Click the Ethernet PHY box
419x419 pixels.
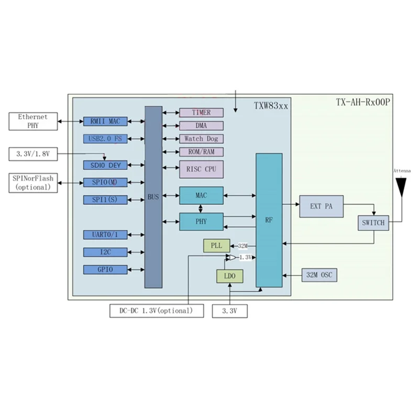click(32, 121)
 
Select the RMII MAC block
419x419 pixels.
click(105, 122)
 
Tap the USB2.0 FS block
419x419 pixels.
click(105, 139)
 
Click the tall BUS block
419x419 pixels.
click(153, 197)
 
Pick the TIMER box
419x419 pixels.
click(201, 113)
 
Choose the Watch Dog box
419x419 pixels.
click(201, 139)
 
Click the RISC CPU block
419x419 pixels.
click(201, 169)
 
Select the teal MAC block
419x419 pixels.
click(201, 195)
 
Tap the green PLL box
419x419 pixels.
click(216, 246)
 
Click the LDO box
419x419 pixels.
click(229, 277)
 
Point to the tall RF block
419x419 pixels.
click(269, 220)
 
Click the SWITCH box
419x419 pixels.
click(373, 223)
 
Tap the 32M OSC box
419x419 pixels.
click(319, 275)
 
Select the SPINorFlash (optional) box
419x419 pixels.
click(33, 183)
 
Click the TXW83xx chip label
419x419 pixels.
click(271, 105)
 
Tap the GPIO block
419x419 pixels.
click(105, 270)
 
